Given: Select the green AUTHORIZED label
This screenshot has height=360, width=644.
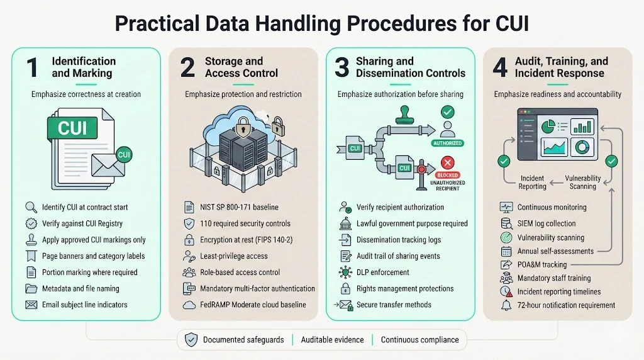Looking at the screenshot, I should coord(448,142).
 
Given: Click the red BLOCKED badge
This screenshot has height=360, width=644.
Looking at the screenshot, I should coord(447,175).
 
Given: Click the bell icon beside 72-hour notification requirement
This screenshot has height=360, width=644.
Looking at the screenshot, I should coord(506,305).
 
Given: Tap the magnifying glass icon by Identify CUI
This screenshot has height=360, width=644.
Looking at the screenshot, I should coord(30,207).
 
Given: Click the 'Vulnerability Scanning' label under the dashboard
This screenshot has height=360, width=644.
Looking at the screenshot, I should coord(582,183).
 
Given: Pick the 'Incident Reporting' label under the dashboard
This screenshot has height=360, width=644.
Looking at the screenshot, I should coord(532,183).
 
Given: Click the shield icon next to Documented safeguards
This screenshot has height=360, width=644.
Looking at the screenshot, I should coord(191,340).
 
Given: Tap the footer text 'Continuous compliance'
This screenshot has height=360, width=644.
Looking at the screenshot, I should coord(419,340).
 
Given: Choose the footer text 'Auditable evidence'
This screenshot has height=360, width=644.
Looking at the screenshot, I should coord(332,340).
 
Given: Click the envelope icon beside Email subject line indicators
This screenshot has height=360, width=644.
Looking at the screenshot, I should coord(31,305).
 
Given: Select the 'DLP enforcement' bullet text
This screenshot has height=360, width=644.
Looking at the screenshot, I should coord(382,273).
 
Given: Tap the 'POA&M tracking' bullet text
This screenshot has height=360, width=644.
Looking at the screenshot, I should coord(541,264).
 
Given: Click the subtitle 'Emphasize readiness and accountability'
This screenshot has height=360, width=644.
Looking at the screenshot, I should coord(557,94).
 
